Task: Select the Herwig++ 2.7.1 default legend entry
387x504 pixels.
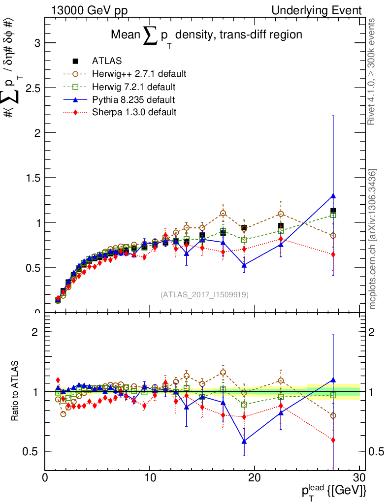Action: click(139, 74)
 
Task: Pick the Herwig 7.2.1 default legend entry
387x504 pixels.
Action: click(133, 87)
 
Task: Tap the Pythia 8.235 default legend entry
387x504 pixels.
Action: click(133, 100)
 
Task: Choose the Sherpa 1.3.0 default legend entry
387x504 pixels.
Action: click(134, 112)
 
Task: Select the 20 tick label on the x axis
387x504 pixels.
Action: click(255, 478)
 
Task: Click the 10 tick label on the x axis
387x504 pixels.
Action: click(150, 478)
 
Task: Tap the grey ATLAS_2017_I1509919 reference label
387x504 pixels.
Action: click(204, 295)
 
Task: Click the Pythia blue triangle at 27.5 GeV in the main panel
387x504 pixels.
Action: click(333, 196)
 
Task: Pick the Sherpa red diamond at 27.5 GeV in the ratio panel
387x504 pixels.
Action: click(333, 440)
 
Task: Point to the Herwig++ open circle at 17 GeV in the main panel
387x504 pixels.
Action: click(223, 213)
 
